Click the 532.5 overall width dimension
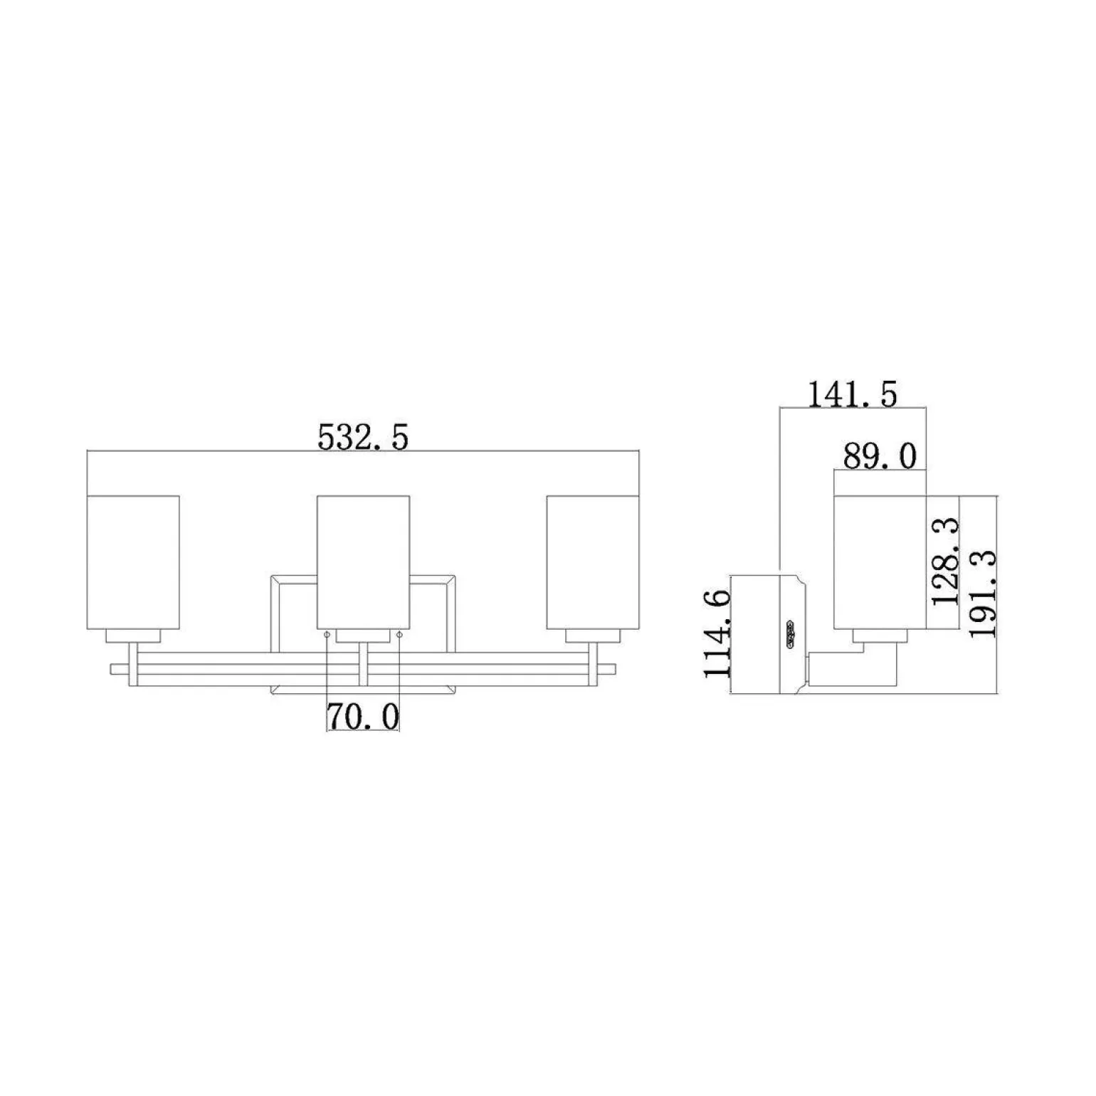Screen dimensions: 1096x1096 (363, 436)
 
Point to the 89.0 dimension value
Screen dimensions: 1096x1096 (880, 455)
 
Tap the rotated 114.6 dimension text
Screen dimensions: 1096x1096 (717, 633)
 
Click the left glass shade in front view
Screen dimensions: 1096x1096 (132, 562)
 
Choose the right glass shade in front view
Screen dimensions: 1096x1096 (593, 562)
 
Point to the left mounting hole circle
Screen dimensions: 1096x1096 (327, 635)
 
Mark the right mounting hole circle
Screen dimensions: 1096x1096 (399, 635)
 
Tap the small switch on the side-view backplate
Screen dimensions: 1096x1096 (791, 633)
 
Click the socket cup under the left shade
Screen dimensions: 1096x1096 (132, 636)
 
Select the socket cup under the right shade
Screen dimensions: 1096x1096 (593, 636)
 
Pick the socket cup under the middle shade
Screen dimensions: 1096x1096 (363, 636)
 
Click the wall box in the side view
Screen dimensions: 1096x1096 (756, 633)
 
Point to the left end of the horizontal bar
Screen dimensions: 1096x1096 (117, 669)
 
